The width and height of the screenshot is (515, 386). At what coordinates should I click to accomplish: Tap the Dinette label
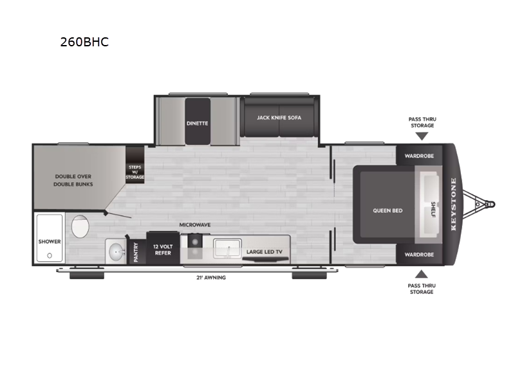tap(198, 123)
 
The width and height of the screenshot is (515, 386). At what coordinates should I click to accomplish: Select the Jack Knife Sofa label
tap(279, 118)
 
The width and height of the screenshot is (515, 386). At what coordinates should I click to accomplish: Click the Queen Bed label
tap(387, 210)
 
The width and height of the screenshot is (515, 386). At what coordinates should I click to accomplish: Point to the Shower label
tap(49, 242)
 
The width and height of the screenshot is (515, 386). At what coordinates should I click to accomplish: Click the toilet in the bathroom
tap(80, 227)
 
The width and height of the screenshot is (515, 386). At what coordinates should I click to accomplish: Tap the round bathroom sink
tap(117, 251)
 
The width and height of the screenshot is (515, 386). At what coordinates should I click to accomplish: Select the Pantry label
tap(136, 252)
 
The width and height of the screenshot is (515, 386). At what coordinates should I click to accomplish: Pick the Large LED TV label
tap(265, 252)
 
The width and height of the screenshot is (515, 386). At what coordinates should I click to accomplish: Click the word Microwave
tap(195, 225)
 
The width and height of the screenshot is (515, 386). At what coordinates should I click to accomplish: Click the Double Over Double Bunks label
tap(74, 180)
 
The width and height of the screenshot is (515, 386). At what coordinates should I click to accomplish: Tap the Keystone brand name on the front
tap(453, 205)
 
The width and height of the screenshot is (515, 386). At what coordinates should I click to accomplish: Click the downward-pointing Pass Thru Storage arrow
tap(421, 136)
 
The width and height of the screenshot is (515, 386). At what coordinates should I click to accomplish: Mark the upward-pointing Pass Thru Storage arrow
tap(421, 273)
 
